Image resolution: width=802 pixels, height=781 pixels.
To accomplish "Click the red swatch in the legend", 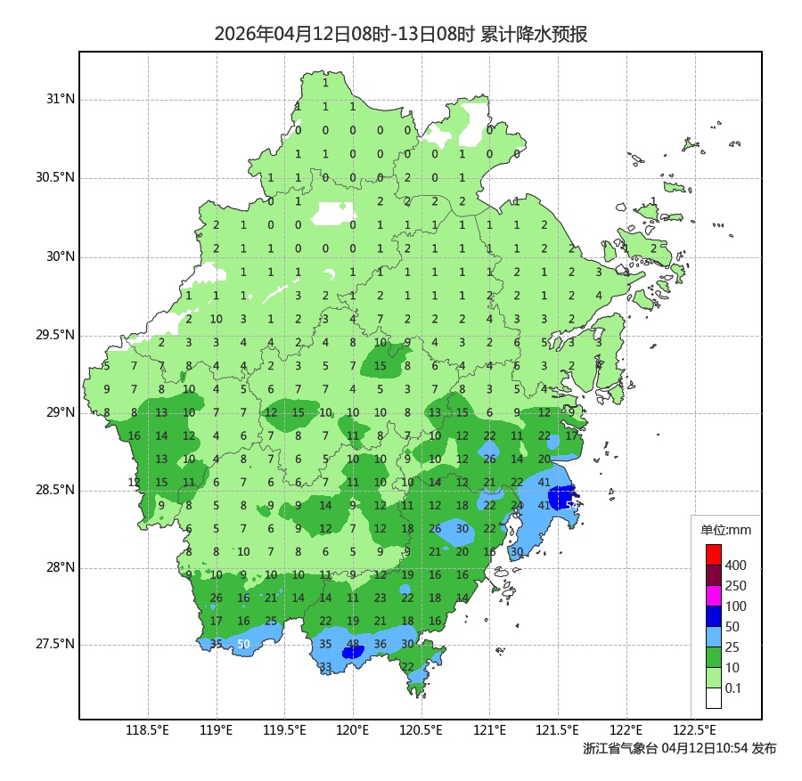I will point(713,554).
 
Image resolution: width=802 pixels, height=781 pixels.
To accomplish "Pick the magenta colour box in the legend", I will point(713,595).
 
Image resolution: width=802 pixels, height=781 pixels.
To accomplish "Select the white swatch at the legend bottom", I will point(713,698).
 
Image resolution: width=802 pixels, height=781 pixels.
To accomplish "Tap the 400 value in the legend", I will point(736,565).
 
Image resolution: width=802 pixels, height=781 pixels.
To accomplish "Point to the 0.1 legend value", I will point(733,688).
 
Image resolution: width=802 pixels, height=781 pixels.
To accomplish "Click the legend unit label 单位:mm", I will point(726,531).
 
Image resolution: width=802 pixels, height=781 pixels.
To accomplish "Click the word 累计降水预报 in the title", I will point(534,35).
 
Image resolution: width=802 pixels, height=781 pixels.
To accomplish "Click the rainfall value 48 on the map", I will point(353,644).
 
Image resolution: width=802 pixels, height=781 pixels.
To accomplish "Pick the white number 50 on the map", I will point(243,644).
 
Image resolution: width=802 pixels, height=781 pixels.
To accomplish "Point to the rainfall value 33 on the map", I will point(325,667).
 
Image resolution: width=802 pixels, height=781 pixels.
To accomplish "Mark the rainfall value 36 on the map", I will point(381,644).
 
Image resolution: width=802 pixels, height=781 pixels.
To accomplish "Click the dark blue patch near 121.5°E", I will point(561,497).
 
